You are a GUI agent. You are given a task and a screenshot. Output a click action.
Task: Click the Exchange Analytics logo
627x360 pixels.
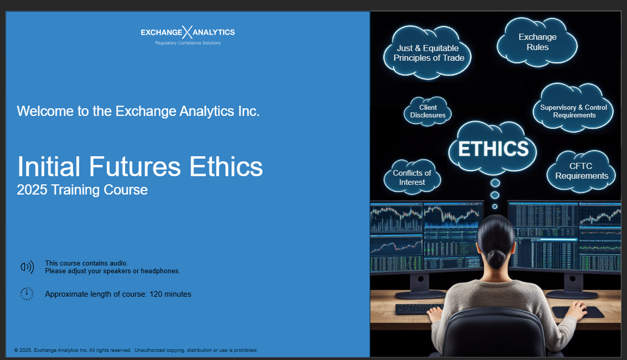188,35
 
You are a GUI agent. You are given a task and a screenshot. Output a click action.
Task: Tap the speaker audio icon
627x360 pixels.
28,267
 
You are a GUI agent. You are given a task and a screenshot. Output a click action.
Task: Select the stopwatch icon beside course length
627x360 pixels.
27,294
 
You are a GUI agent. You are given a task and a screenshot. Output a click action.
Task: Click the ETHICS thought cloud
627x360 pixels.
493,148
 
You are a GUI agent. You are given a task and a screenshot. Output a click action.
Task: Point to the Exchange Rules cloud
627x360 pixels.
537,42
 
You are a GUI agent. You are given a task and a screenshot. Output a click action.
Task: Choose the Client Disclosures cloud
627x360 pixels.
428,111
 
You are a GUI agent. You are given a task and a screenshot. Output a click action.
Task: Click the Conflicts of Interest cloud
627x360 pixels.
412,177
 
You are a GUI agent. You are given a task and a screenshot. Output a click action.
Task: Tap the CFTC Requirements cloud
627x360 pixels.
582,171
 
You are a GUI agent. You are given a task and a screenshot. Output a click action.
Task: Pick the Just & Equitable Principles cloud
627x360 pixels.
427,53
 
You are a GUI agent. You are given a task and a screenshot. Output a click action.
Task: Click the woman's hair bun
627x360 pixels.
496,259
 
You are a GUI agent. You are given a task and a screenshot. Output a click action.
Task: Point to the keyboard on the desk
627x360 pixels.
419,309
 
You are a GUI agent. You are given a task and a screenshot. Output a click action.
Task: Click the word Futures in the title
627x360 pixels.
134,166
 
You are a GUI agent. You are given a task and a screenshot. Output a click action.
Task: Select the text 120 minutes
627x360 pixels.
170,294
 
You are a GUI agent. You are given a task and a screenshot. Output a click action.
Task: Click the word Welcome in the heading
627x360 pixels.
45,111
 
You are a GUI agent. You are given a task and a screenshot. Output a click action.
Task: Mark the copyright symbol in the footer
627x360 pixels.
16,350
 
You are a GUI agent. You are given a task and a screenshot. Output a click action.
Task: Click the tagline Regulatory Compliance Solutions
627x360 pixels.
188,43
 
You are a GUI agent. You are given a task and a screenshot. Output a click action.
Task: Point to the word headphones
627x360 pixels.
160,271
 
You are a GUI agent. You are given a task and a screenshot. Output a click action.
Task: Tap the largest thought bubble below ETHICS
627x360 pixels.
495,183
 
